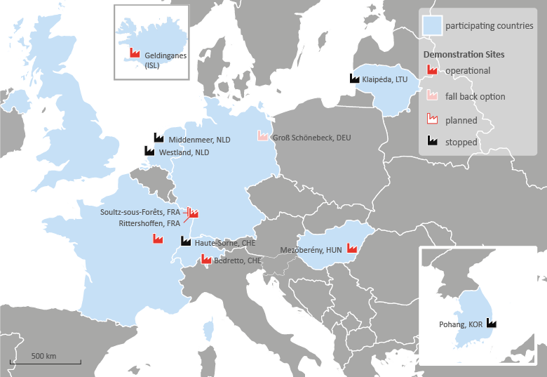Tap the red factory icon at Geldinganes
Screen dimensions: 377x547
[135, 53]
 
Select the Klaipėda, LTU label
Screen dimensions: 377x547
[384, 79]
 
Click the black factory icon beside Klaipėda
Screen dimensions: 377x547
[356, 79]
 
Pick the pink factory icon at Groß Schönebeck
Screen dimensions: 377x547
[263, 134]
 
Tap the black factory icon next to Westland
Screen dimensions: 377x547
[149, 150]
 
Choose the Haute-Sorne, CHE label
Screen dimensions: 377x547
[221, 242]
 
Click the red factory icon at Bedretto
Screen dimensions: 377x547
[206, 259]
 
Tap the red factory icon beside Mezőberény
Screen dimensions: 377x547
[352, 248]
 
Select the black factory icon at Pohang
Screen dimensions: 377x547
[491, 322]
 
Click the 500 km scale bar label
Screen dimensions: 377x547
[43, 355]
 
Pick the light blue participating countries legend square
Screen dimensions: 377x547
[431, 26]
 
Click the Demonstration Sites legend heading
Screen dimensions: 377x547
[464, 54]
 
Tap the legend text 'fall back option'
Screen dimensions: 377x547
[475, 96]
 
